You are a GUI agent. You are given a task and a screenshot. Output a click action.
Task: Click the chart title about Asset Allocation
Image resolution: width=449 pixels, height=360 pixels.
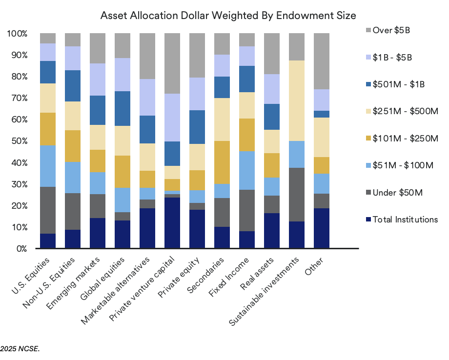(228, 15)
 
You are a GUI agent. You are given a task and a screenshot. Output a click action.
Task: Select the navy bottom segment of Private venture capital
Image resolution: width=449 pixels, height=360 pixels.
(172, 223)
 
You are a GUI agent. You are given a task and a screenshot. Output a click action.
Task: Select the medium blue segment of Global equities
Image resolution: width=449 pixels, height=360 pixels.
(122, 108)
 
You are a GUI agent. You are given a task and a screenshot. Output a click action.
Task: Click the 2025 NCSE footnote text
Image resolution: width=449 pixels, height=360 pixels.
(20, 349)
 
